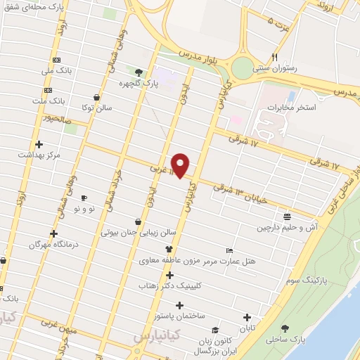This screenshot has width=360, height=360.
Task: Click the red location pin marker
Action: (x=181, y=165)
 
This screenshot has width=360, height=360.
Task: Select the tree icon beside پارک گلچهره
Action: (x=139, y=72)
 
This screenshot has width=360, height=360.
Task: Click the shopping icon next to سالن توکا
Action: (x=96, y=98)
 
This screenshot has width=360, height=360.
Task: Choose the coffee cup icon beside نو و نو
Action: (x=84, y=198)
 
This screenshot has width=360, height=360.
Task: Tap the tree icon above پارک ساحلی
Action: (x=284, y=328)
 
